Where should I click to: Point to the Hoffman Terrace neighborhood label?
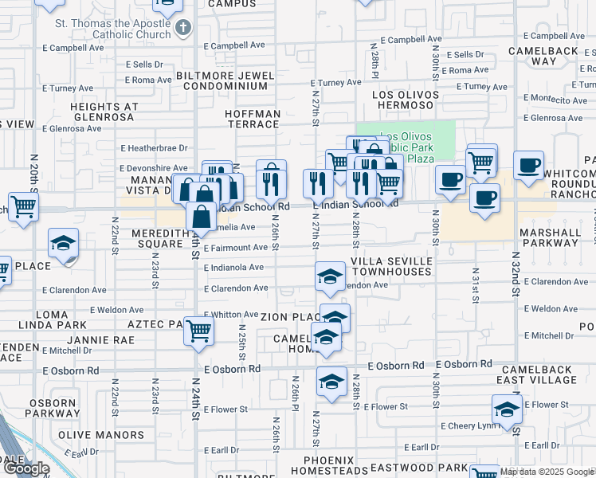253,119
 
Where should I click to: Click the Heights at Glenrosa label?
104,112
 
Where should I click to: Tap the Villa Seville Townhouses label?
391,266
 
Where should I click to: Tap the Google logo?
28,468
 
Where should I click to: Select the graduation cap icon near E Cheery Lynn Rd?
507,411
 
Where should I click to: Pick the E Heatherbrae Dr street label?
154,148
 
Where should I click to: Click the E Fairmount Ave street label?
235,248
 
